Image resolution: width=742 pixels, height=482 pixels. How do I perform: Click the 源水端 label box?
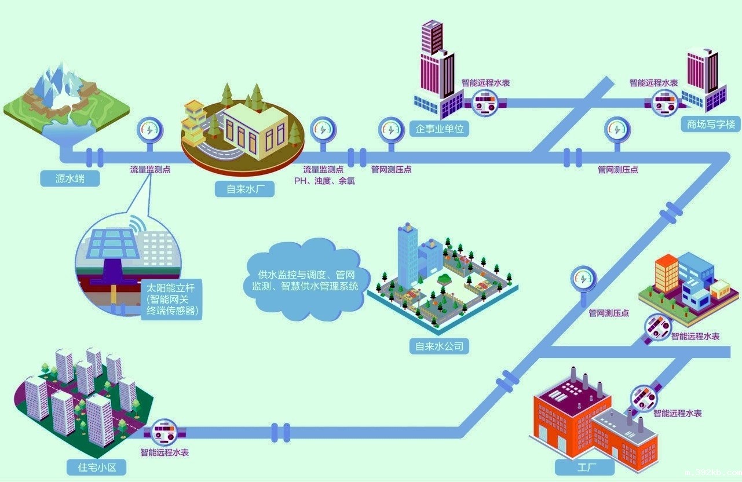[x=70, y=178]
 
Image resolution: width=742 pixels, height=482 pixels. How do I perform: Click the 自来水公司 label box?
[x=439, y=346]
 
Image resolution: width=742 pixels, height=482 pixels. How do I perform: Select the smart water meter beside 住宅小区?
[x=165, y=432]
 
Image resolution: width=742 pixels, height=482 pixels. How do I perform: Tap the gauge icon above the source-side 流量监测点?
[x=149, y=130]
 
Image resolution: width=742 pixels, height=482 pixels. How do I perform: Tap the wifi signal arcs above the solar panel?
[x=136, y=223]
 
